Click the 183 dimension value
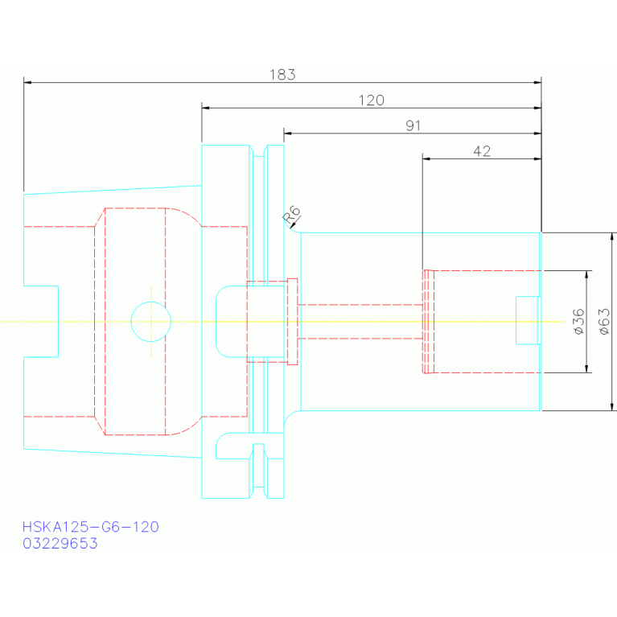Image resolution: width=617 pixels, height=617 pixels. point(282,75)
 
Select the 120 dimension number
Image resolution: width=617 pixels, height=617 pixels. point(371,101)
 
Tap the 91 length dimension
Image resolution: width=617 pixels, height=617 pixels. point(413,126)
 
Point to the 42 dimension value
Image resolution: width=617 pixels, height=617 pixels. point(482,151)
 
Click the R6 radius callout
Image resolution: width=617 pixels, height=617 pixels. point(291,215)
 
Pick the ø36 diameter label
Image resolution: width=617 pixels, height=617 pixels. point(579,322)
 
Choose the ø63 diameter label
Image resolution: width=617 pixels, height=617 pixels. point(604,322)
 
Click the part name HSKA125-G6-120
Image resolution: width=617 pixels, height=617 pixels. point(91,527)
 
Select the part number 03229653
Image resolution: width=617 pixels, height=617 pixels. point(60,544)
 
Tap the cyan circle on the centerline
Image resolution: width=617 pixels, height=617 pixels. point(150,302)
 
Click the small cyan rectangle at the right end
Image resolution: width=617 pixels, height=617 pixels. point(528,320)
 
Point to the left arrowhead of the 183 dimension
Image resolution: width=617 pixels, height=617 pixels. point(27,83)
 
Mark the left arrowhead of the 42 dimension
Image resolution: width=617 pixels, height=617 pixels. point(426,159)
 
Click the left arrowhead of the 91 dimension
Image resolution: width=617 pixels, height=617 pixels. point(288,134)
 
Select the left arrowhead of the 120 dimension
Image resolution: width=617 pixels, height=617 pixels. point(206,108)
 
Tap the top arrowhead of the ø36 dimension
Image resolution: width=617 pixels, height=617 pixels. point(586,274)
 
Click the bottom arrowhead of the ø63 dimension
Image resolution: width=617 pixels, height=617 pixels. point(612,407)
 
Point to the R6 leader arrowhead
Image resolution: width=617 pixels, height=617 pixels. point(293,225)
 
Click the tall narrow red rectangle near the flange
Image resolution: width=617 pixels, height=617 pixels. point(292,322)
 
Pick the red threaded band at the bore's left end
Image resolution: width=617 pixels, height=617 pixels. point(428,322)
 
